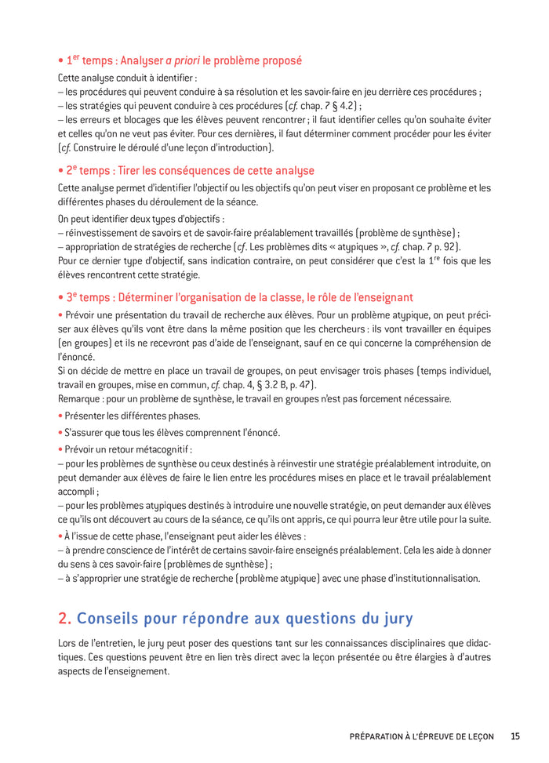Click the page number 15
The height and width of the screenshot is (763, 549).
[514, 736]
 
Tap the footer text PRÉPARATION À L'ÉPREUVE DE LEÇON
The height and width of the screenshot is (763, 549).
[421, 736]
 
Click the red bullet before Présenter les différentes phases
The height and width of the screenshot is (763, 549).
[60, 416]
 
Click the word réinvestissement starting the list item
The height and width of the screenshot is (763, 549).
[107, 232]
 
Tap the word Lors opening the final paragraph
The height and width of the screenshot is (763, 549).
[68, 643]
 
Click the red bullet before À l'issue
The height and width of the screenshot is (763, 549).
[60, 536]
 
